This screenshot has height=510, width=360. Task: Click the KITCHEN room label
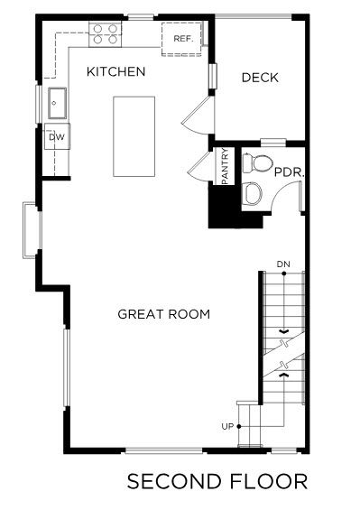[115, 71]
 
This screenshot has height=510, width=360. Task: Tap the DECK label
[260, 78]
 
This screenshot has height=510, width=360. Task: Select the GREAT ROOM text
[164, 314]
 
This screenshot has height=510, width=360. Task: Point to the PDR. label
[289, 172]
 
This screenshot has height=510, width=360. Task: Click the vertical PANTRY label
[225, 166]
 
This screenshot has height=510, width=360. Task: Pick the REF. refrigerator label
[183, 39]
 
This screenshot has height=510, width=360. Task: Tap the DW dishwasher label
[57, 137]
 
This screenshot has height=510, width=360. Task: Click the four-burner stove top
[105, 34]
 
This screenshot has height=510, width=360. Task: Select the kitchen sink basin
[57, 103]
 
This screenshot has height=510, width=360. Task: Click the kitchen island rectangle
[134, 136]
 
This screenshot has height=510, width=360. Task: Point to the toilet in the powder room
[257, 163]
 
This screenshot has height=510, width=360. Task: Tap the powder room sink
[253, 193]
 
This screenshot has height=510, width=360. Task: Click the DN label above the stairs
[283, 264]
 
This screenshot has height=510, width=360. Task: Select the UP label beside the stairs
[227, 426]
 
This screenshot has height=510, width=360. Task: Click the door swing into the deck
[195, 116]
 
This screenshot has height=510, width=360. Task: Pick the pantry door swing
[199, 166]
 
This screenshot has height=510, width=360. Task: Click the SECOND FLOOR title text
[217, 481]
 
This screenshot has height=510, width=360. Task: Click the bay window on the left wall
[32, 230]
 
